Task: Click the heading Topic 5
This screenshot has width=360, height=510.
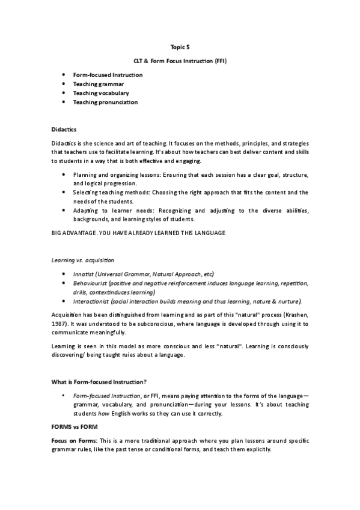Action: [180, 46]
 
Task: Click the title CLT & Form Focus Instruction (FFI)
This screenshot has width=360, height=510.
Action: [180, 61]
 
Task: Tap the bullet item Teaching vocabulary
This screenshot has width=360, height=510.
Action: [101, 93]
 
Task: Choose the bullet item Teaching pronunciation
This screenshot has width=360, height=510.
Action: [105, 102]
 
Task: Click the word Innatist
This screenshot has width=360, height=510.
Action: [84, 274]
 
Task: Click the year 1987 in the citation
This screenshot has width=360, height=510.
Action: [59, 323]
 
